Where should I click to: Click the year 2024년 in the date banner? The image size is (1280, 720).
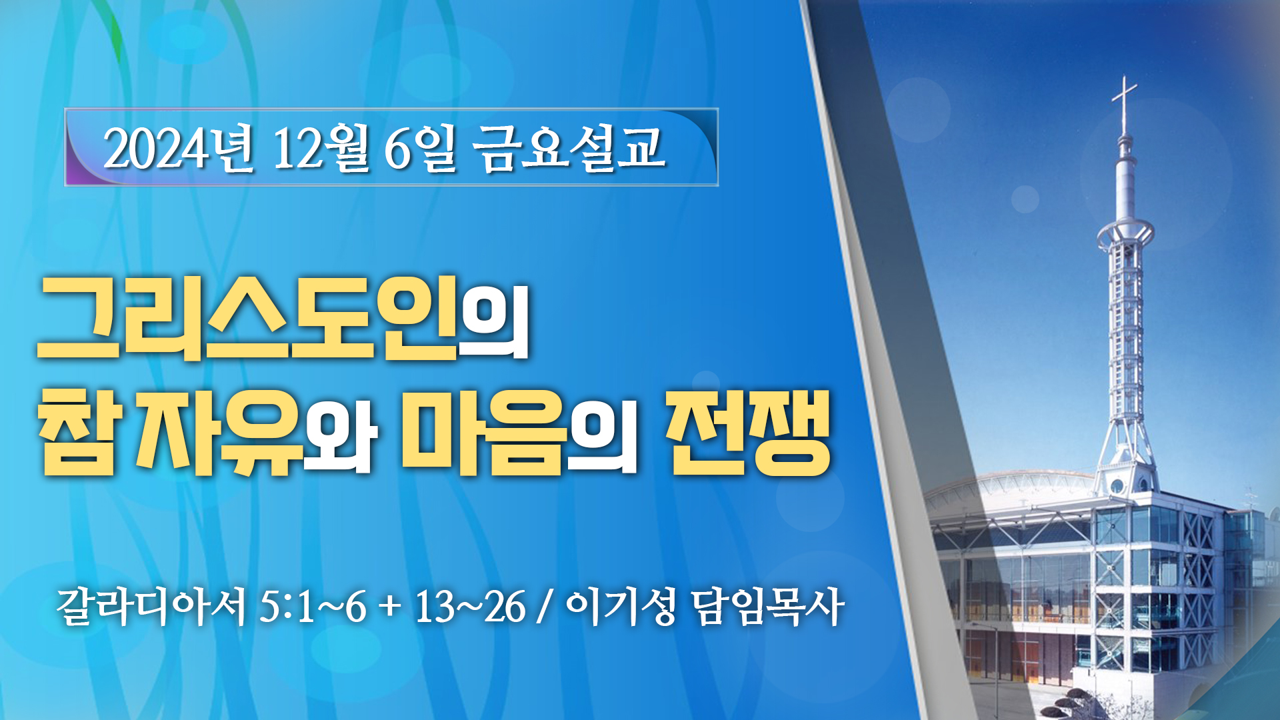point(179,148)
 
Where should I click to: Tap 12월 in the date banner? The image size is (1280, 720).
point(321,148)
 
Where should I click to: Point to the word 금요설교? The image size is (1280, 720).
point(569,148)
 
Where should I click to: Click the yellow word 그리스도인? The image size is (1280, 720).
point(247,318)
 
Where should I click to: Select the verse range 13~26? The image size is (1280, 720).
point(470,607)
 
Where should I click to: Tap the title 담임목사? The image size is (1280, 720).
point(768,607)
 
